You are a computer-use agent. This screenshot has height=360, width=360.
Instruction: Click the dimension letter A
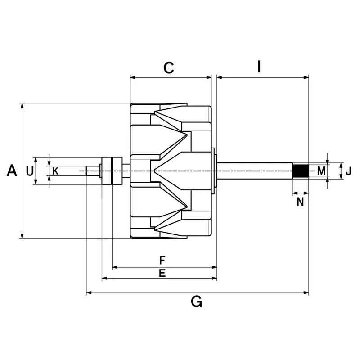tap(12, 171)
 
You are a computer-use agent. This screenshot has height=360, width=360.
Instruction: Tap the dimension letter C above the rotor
tap(169, 68)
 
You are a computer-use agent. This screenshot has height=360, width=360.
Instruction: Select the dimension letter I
tap(259, 67)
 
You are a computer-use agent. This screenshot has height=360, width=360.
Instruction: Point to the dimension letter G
tap(197, 301)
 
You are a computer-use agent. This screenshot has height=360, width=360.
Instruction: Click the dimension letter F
tap(162, 261)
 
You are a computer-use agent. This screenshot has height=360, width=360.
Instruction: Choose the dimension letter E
tap(162, 273)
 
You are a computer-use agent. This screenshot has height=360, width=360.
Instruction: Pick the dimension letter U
tap(30, 171)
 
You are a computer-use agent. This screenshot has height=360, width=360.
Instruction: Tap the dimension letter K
tap(55, 171)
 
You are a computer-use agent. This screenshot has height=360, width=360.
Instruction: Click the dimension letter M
tap(321, 171)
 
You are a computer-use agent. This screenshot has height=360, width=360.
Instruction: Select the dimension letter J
tap(348, 171)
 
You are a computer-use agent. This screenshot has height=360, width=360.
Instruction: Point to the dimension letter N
tap(300, 202)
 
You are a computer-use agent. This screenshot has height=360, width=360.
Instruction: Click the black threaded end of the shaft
tap(301, 171)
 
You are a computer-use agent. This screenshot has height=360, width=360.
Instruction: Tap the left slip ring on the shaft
tap(107, 171)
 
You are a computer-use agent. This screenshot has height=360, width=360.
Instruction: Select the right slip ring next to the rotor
tap(117, 171)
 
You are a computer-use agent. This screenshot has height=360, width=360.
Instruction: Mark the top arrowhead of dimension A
tap(22, 106)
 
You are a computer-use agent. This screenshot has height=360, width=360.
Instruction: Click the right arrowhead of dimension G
tap(306, 293)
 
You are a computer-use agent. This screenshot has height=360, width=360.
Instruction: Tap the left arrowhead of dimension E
tap(104, 279)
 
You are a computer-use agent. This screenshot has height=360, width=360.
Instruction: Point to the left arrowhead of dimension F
tap(115, 267)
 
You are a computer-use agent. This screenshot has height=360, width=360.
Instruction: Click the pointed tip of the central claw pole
tap(154, 171)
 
